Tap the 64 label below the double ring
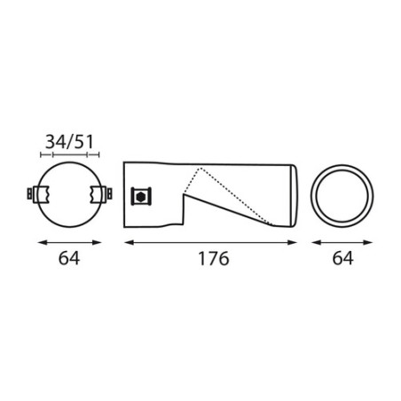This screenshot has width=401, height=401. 342,258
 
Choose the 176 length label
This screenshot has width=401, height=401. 211,258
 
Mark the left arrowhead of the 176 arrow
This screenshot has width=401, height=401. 127,241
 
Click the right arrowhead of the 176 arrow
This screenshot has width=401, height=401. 296,241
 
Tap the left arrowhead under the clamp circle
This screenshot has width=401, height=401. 39,241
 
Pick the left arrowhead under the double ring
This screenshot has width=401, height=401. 311,241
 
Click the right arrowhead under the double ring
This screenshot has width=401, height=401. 372,241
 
